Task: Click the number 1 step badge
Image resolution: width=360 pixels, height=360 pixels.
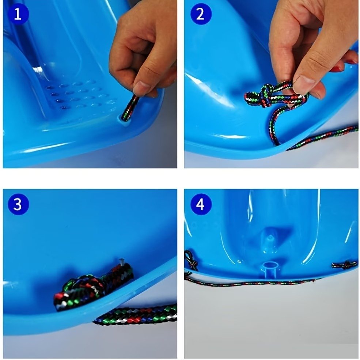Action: [x=18, y=14]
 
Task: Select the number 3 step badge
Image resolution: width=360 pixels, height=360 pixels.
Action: [x=18, y=204]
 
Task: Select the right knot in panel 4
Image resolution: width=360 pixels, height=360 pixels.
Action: [x=344, y=266]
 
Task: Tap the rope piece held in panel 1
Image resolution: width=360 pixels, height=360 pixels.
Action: [x=130, y=108]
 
